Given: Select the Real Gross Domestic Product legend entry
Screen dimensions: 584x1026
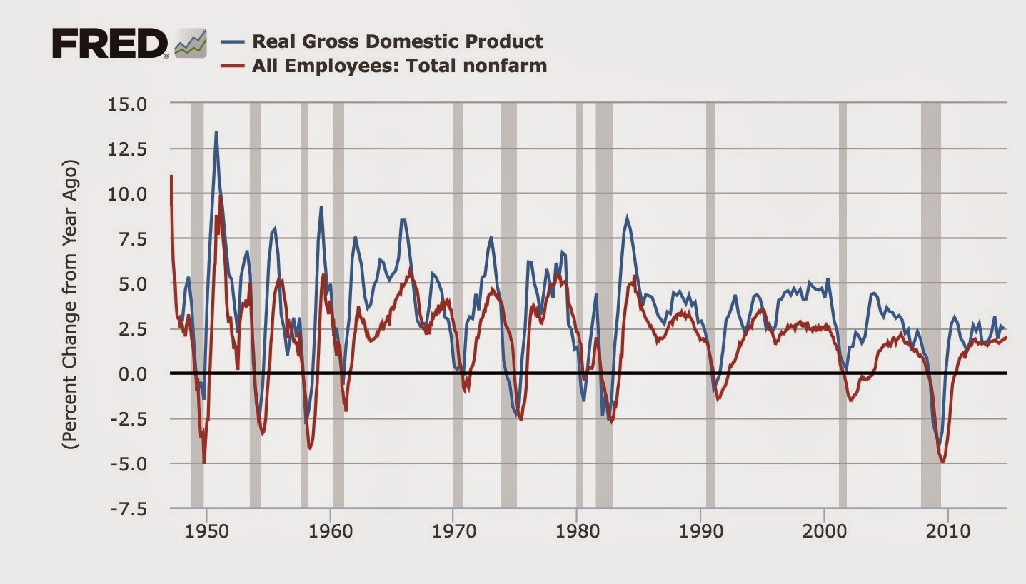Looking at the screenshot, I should pyautogui.click(x=396, y=41).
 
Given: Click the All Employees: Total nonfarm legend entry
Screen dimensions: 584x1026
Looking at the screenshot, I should pyautogui.click(x=399, y=66).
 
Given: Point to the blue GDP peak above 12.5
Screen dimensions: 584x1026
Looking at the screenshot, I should pyautogui.click(x=216, y=132).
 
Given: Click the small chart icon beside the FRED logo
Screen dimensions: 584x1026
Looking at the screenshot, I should pyautogui.click(x=191, y=44).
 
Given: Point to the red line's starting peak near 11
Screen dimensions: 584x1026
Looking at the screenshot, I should pyautogui.click(x=171, y=176).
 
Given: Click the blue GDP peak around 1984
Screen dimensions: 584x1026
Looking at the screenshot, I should pyautogui.click(x=627, y=218).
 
